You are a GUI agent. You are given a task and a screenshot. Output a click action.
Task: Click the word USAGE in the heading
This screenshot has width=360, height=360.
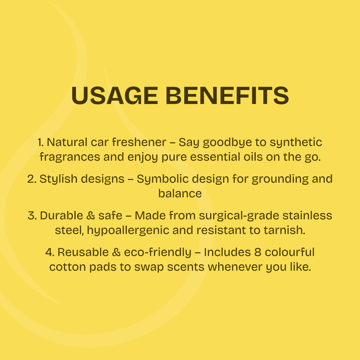115,96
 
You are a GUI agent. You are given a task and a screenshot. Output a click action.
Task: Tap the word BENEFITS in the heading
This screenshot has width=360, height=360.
227,96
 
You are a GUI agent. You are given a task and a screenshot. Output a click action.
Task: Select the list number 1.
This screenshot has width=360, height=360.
41,142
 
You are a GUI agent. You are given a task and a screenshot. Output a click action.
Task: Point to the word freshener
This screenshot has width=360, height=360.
139,142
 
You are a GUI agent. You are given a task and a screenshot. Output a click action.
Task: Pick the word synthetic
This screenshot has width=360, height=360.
296,143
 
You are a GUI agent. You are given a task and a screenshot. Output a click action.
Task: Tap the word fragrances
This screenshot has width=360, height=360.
70,157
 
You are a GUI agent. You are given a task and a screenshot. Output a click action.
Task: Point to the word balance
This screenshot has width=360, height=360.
180,193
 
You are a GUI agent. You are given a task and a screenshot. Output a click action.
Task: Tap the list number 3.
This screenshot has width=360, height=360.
32,216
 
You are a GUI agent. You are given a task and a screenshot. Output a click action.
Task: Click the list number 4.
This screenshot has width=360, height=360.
50,252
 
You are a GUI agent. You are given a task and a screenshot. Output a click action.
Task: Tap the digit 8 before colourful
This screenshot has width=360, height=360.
258,252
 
